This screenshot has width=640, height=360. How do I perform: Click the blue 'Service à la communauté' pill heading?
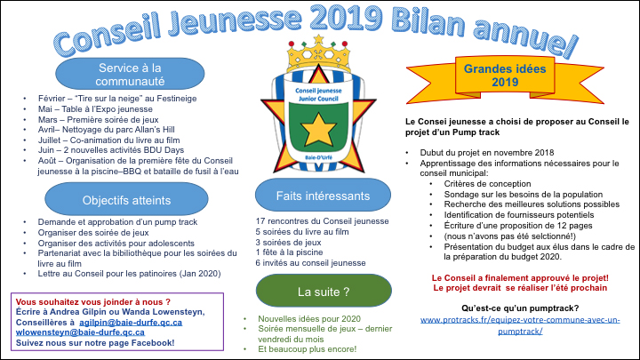(x=118, y=74)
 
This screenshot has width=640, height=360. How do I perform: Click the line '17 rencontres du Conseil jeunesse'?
(x=322, y=220)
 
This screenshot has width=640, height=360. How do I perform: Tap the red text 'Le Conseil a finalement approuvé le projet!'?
(x=519, y=278)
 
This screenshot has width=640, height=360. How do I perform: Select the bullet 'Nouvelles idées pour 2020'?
(x=309, y=317)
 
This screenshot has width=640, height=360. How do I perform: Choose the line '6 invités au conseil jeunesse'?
(x=310, y=263)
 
